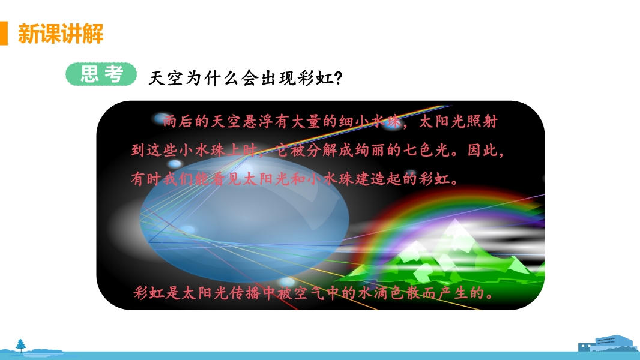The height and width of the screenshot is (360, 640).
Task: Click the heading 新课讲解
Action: click(61, 34)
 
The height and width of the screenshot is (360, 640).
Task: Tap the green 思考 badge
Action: click(101, 74)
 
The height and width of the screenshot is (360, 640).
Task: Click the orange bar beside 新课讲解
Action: click(4, 33)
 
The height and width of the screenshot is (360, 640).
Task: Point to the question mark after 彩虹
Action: click(338, 78)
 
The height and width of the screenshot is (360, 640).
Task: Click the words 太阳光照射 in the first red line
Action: click(458, 121)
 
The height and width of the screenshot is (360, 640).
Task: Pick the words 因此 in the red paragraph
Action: click(483, 151)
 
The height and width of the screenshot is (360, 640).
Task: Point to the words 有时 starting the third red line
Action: click(146, 179)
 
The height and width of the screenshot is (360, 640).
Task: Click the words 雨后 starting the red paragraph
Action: click(178, 121)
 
